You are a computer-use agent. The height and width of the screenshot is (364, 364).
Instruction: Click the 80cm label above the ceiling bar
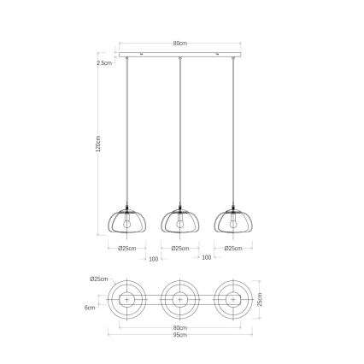click(179, 44)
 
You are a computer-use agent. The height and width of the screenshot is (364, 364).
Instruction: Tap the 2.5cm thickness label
click(104, 62)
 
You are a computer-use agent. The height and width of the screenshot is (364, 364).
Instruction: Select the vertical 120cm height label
click(99, 146)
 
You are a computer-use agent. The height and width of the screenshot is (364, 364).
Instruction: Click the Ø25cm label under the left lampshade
click(129, 249)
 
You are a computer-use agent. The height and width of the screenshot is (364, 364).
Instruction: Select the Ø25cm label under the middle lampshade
click(179, 249)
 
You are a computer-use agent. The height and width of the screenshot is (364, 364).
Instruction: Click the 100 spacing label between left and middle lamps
click(154, 257)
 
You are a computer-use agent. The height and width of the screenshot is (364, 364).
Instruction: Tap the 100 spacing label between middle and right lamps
click(205, 257)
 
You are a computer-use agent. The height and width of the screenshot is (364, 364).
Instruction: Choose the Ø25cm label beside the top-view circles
click(97, 279)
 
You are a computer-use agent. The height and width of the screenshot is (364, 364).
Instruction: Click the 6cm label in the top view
click(91, 308)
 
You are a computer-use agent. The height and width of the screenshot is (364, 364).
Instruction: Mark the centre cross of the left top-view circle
click(129, 299)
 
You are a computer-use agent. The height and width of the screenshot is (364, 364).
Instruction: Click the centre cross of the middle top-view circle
click(179, 299)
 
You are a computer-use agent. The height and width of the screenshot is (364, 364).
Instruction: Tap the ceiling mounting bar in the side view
click(179, 56)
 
